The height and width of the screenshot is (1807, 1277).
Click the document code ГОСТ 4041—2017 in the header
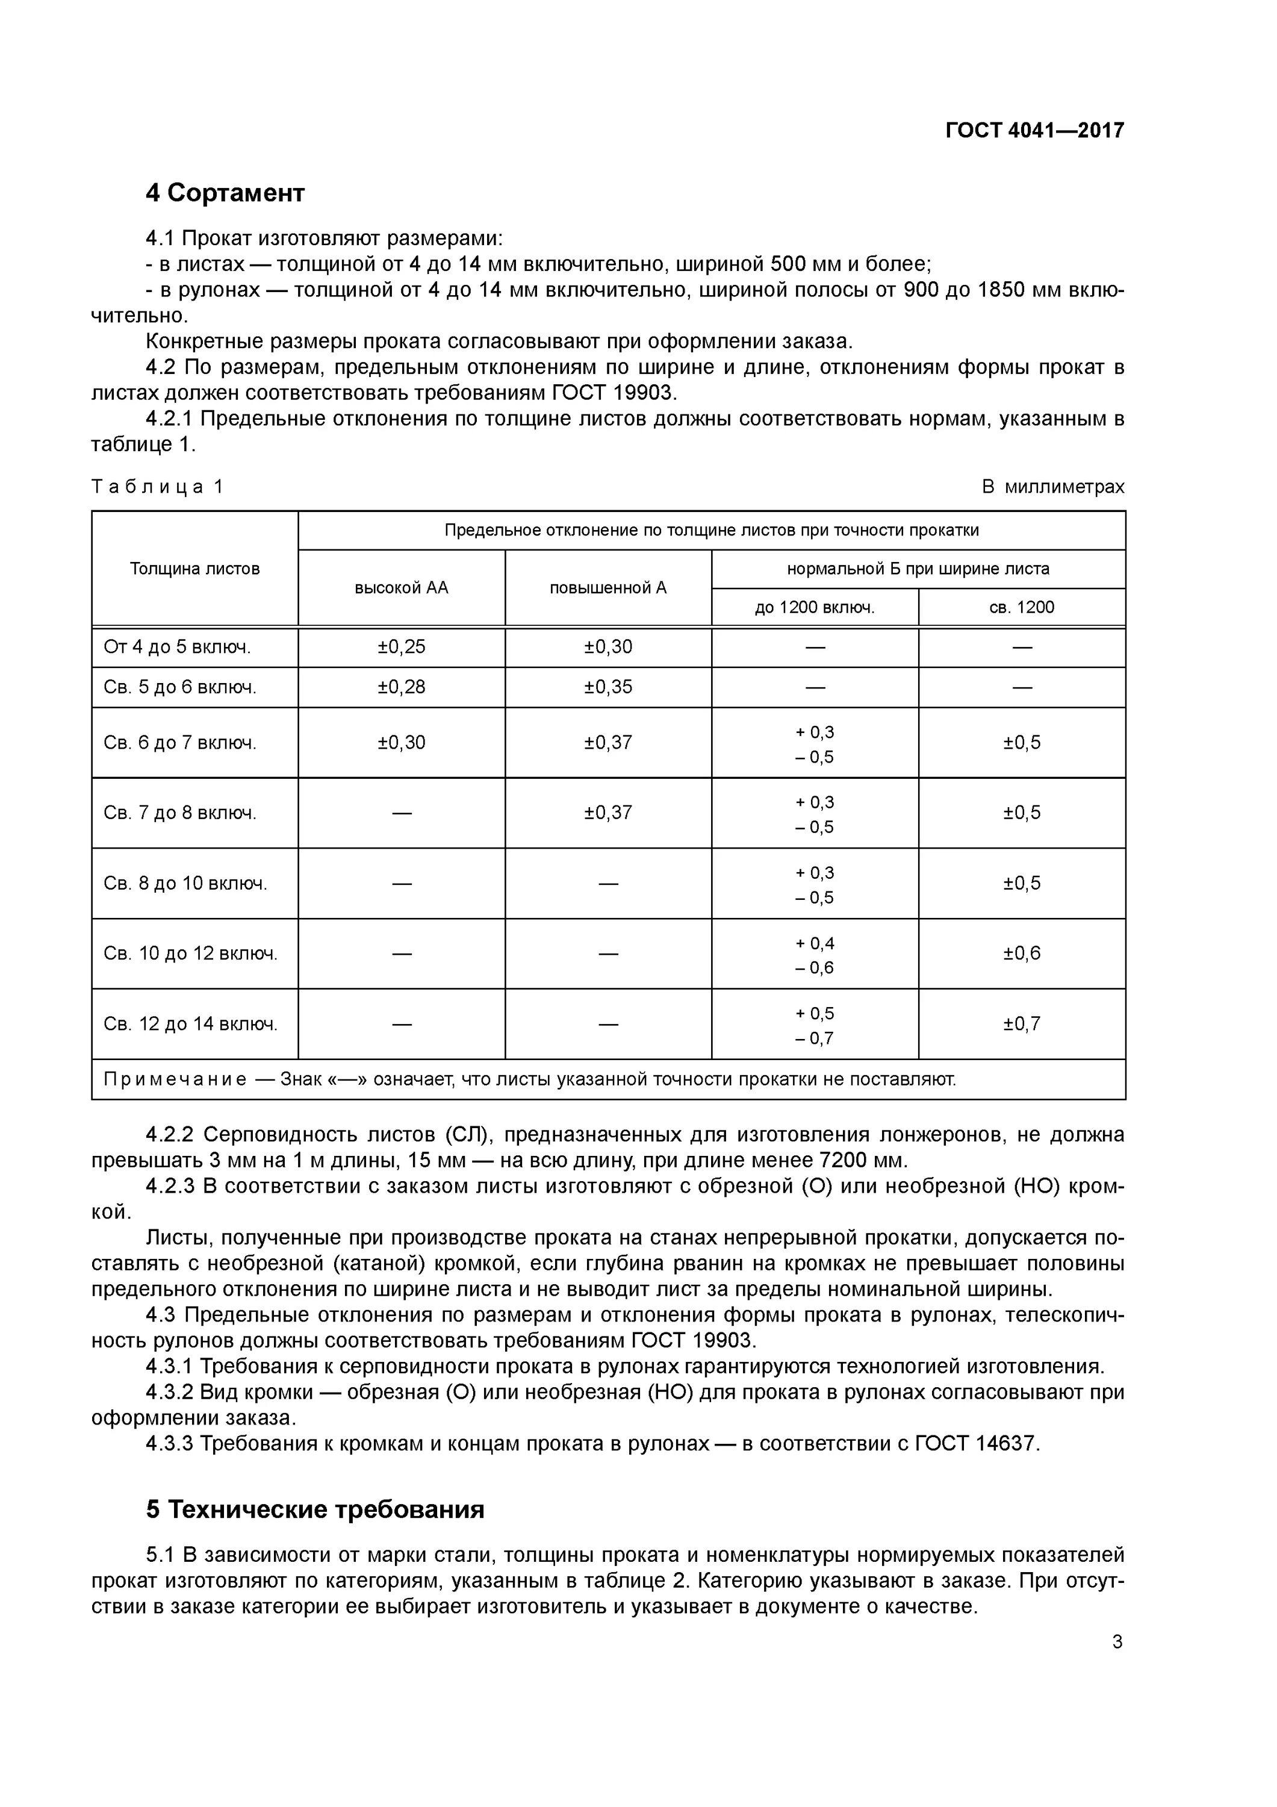coord(1034,130)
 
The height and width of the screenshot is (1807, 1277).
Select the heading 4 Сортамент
coord(225,193)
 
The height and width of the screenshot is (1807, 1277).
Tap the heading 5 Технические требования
coord(315,1509)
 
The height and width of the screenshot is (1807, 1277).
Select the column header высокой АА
coord(401,588)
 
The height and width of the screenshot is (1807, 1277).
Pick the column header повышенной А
coord(607,588)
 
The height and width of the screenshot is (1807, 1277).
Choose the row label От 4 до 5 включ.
coord(177,647)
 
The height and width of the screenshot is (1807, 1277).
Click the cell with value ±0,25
coord(401,647)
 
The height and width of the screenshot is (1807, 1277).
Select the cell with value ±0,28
coord(401,687)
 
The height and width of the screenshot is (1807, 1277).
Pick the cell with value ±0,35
coord(607,687)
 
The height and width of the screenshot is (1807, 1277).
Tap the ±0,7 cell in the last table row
coord(1021,1024)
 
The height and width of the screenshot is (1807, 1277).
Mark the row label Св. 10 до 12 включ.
coord(190,954)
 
